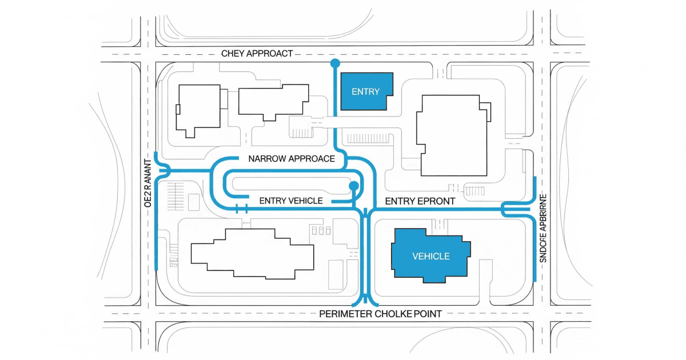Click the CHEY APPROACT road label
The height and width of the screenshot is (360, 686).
click(x=257, y=54)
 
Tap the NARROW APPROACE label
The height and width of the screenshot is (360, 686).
click(x=292, y=159)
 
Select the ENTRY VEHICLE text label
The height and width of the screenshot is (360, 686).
click(x=291, y=201)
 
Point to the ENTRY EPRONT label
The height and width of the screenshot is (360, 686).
click(x=420, y=201)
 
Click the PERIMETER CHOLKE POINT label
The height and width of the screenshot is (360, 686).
click(x=380, y=314)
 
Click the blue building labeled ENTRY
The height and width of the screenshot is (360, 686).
click(x=366, y=91)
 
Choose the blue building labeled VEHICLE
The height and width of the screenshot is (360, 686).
click(x=430, y=256)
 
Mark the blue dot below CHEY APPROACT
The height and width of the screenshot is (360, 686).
click(x=334, y=63)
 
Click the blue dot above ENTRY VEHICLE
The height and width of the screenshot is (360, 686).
click(x=353, y=186)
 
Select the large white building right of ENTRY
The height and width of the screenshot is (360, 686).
click(x=452, y=135)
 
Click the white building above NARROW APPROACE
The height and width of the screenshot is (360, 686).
click(x=273, y=103)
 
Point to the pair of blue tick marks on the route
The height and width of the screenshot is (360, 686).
click(x=241, y=209)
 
